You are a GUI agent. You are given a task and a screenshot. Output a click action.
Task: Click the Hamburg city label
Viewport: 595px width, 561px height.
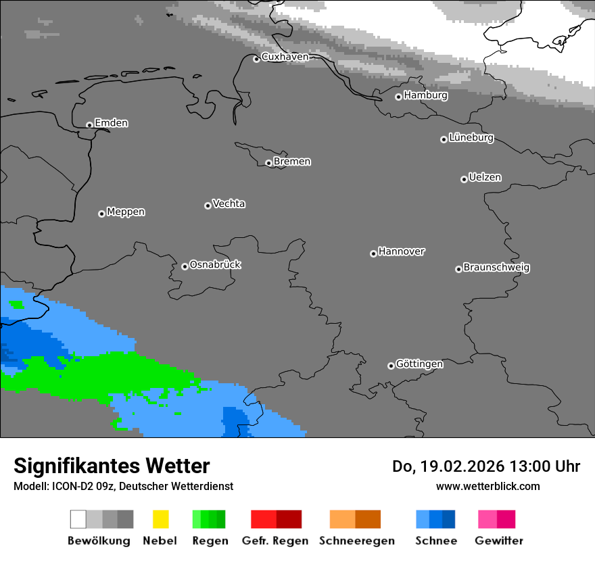coord(425,95)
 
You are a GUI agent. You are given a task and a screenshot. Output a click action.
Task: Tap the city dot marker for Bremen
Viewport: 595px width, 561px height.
coord(268,163)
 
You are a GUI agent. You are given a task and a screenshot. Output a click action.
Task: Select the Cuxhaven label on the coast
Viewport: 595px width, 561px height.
coord(285,57)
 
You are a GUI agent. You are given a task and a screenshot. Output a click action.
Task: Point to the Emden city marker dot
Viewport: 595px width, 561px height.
coord(89,125)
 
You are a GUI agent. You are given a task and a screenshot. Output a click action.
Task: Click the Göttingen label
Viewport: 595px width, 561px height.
coord(419,364)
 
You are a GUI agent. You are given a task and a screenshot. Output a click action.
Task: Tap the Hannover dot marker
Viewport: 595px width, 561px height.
coord(373,253)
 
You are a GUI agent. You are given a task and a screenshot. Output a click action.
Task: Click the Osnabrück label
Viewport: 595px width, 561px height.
coord(215,264)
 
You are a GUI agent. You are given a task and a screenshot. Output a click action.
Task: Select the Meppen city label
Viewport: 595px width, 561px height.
coord(126,212)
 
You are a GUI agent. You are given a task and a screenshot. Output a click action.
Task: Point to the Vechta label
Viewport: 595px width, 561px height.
coord(229,203)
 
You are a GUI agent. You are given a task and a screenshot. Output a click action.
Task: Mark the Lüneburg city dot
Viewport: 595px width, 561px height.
coord(444,139)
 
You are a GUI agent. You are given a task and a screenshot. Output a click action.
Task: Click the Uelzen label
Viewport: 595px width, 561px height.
coord(485,177)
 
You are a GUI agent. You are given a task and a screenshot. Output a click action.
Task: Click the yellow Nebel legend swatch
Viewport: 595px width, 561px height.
coord(160,519)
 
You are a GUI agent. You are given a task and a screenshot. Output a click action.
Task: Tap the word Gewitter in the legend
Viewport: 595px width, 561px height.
coord(498,541)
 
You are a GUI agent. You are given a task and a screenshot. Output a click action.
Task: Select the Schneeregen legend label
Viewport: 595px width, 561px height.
coord(356,541)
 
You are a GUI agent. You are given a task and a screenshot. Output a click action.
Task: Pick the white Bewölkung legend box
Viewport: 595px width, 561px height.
coord(78,519)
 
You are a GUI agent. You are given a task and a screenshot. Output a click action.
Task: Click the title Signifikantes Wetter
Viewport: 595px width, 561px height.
coord(112,466)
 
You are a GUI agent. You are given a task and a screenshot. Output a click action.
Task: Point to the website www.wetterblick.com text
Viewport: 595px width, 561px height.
coord(487,486)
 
